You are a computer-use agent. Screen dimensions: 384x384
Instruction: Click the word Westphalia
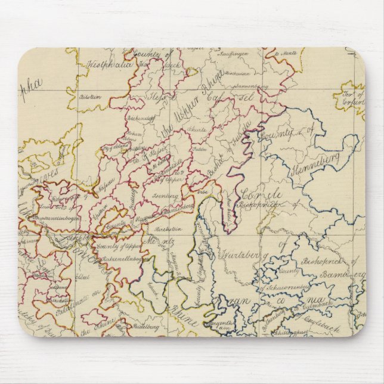pos(110,63)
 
